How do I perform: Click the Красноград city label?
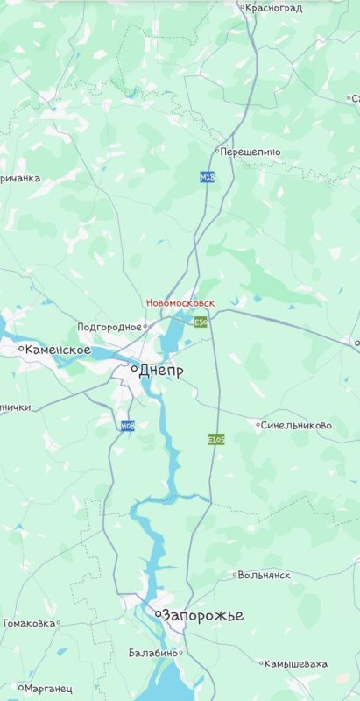coord(274,8)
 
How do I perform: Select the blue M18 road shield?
coord(207,177)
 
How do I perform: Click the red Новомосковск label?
coord(180,302)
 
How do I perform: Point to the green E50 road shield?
coord(201,322)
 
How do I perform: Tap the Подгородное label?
coord(109,327)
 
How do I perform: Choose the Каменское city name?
coord(58,350)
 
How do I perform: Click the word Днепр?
coord(161,371)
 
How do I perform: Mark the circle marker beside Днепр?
coord(134,370)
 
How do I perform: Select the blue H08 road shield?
coord(128,426)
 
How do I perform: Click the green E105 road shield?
coord(216,439)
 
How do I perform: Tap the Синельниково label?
coord(297,425)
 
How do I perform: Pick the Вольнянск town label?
coord(265,576)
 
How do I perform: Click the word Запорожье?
coord(203,616)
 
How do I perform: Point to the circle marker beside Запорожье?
coord(159,615)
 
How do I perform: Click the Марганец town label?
coord(49,689)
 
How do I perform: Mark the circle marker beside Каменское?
coord(21,349)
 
